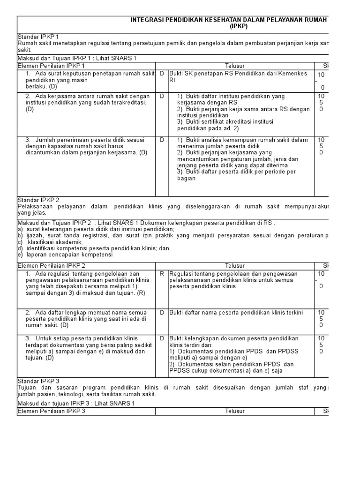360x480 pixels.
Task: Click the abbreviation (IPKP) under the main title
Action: (239, 27)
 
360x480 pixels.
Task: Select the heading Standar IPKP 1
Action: (38, 37)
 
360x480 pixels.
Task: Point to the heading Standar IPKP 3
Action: (38, 381)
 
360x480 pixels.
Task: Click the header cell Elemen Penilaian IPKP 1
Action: (51, 66)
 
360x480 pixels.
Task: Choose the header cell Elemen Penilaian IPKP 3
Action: (51, 411)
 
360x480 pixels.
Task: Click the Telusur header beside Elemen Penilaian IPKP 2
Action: (234, 266)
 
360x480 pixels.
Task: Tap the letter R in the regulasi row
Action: (162, 273)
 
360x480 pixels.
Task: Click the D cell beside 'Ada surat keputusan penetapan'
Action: (162, 74)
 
